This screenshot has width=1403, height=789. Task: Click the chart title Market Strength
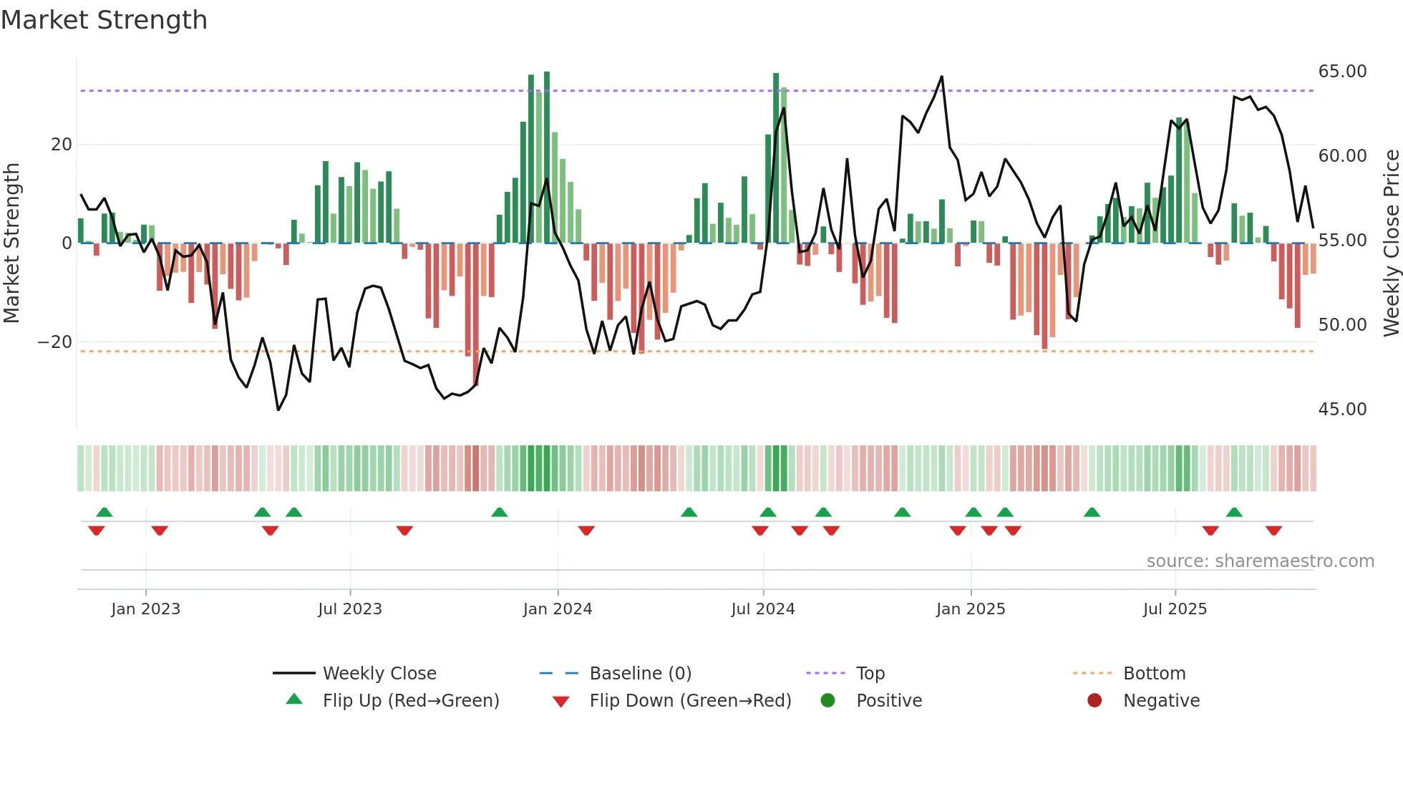pyautogui.click(x=104, y=20)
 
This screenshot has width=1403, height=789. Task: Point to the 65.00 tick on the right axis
pyautogui.click(x=1342, y=72)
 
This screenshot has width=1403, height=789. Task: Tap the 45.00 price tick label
pyautogui.click(x=1342, y=410)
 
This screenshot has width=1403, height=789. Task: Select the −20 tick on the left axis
pyautogui.click(x=54, y=342)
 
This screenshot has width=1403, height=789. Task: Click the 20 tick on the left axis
pyautogui.click(x=62, y=145)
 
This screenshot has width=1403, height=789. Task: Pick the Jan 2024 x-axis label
pyautogui.click(x=558, y=609)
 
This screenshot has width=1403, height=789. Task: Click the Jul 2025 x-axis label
pyautogui.click(x=1175, y=609)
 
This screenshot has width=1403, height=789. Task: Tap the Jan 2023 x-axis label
pyautogui.click(x=146, y=609)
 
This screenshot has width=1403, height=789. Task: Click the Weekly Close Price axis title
pyautogui.click(x=1391, y=242)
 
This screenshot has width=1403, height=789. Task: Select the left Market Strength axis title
pyautogui.click(x=11, y=242)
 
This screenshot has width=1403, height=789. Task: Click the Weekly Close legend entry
pyautogui.click(x=379, y=674)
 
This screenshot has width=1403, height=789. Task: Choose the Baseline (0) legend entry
pyautogui.click(x=640, y=674)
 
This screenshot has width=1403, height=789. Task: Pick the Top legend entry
pyautogui.click(x=870, y=674)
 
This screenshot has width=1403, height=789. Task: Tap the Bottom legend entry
pyautogui.click(x=1154, y=674)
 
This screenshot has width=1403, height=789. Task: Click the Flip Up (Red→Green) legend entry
pyautogui.click(x=410, y=701)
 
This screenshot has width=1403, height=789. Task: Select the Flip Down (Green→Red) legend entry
pyautogui.click(x=690, y=701)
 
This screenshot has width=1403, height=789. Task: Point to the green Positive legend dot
pyautogui.click(x=828, y=701)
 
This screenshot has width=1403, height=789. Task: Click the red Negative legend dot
pyautogui.click(x=1094, y=701)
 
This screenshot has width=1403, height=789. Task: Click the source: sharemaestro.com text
pyautogui.click(x=1260, y=561)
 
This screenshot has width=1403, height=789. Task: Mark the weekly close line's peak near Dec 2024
pyautogui.click(x=941, y=77)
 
